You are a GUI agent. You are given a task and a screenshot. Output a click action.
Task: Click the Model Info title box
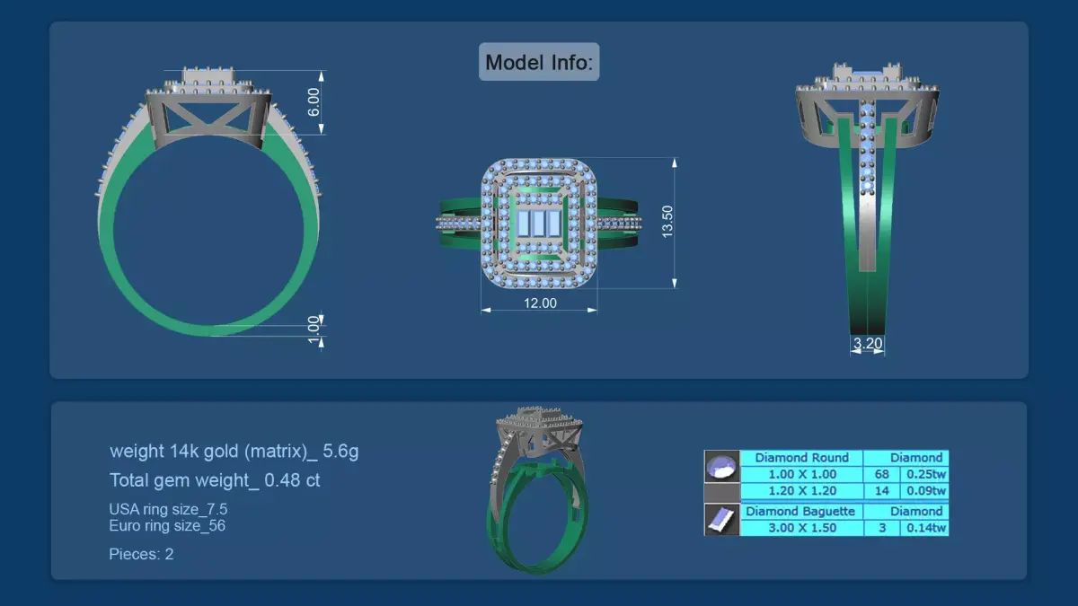pos(539,62)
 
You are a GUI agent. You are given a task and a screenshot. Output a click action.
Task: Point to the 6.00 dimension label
pos(314,102)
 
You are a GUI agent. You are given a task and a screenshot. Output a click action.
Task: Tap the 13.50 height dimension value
pos(667,221)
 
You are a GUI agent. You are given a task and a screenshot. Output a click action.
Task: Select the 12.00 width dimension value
pos(540,303)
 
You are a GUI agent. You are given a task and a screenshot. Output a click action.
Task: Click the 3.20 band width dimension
pos(867,343)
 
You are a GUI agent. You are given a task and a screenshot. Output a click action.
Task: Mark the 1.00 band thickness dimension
pos(314,329)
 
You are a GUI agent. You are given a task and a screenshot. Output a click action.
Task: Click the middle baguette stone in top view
pos(539,223)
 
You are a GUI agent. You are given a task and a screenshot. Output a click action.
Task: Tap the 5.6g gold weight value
pos(340,451)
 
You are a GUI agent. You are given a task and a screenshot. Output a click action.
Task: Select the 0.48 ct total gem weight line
pos(215,480)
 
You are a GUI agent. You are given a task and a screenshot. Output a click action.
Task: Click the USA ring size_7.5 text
pos(168,509)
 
